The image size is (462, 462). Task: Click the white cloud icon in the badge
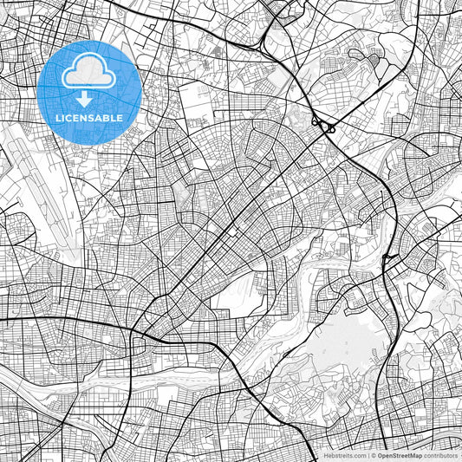(x=89, y=74)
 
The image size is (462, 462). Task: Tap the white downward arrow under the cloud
(x=89, y=98)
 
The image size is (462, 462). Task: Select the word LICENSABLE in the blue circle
(x=89, y=117)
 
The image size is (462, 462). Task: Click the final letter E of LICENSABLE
(x=120, y=117)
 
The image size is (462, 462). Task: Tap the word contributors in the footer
(x=442, y=454)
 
